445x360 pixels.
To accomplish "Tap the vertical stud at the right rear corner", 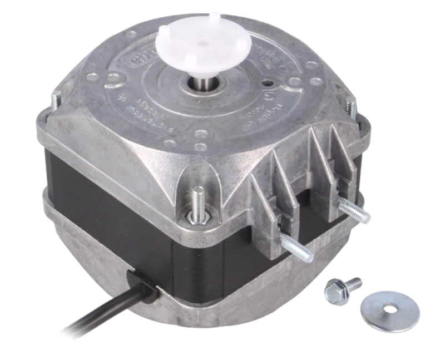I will pyautogui.click(x=350, y=106).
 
